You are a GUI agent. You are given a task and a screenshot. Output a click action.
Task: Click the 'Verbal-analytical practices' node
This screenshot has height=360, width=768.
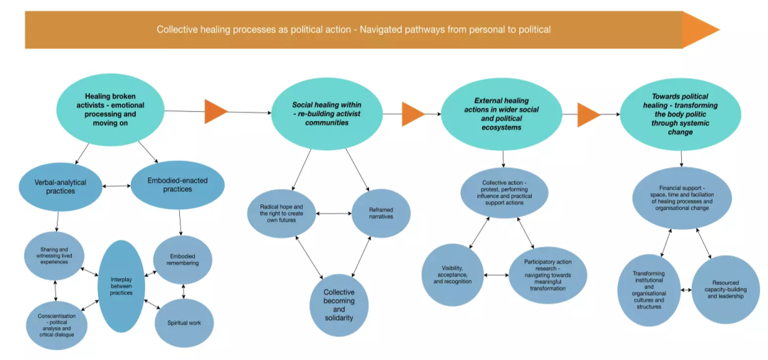tap(60, 187)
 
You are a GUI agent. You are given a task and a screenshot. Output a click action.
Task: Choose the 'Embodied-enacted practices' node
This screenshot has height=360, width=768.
tap(178, 186)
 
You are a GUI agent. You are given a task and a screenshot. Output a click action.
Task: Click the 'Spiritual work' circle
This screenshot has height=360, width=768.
tap(184, 323)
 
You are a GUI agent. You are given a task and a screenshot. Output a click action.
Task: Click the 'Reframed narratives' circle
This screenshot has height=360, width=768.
tap(381, 213)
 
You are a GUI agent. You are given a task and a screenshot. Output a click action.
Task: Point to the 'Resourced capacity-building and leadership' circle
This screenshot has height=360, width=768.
tap(726, 290)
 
